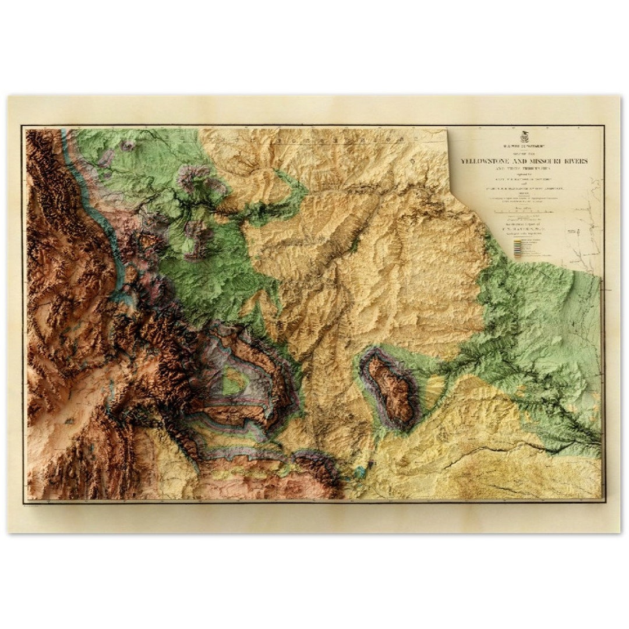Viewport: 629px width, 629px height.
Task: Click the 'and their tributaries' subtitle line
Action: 525,168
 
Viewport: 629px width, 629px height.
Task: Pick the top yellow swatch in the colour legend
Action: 516,240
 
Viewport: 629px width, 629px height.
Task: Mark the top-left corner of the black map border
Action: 23,126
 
